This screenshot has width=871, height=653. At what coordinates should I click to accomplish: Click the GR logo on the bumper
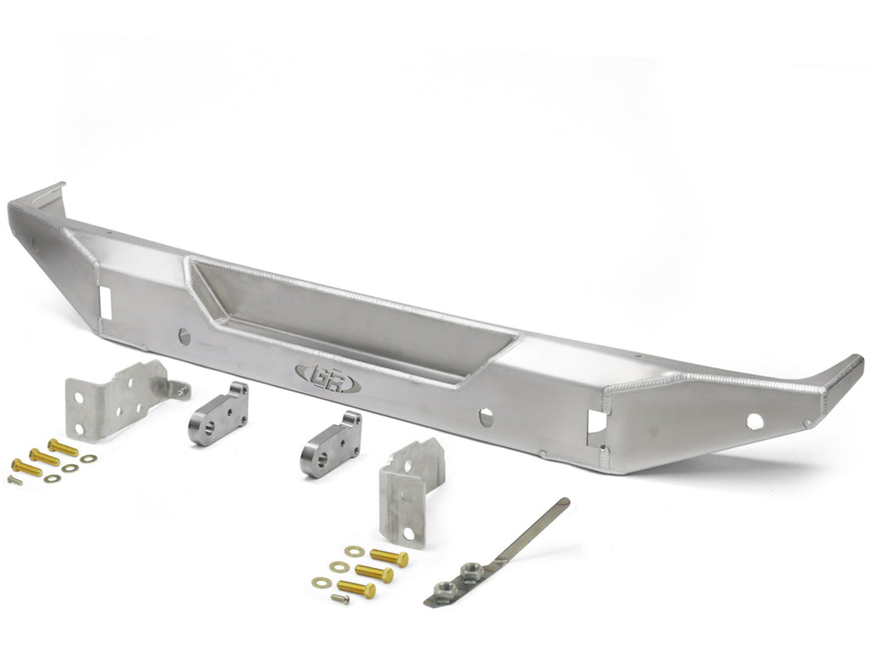pyautogui.click(x=328, y=379)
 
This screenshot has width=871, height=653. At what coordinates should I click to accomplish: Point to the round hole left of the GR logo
pyautogui.click(x=185, y=337)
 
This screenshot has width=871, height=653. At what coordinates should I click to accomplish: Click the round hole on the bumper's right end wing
pyautogui.click(x=755, y=422)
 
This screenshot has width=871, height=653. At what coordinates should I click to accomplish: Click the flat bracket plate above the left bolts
pyautogui.click(x=118, y=400)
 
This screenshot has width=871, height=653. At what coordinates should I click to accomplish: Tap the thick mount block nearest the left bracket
pyautogui.click(x=219, y=414)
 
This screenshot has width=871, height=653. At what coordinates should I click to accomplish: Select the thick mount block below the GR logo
pyautogui.click(x=331, y=445)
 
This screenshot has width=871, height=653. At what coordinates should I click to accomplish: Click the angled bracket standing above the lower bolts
pyautogui.click(x=408, y=491)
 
